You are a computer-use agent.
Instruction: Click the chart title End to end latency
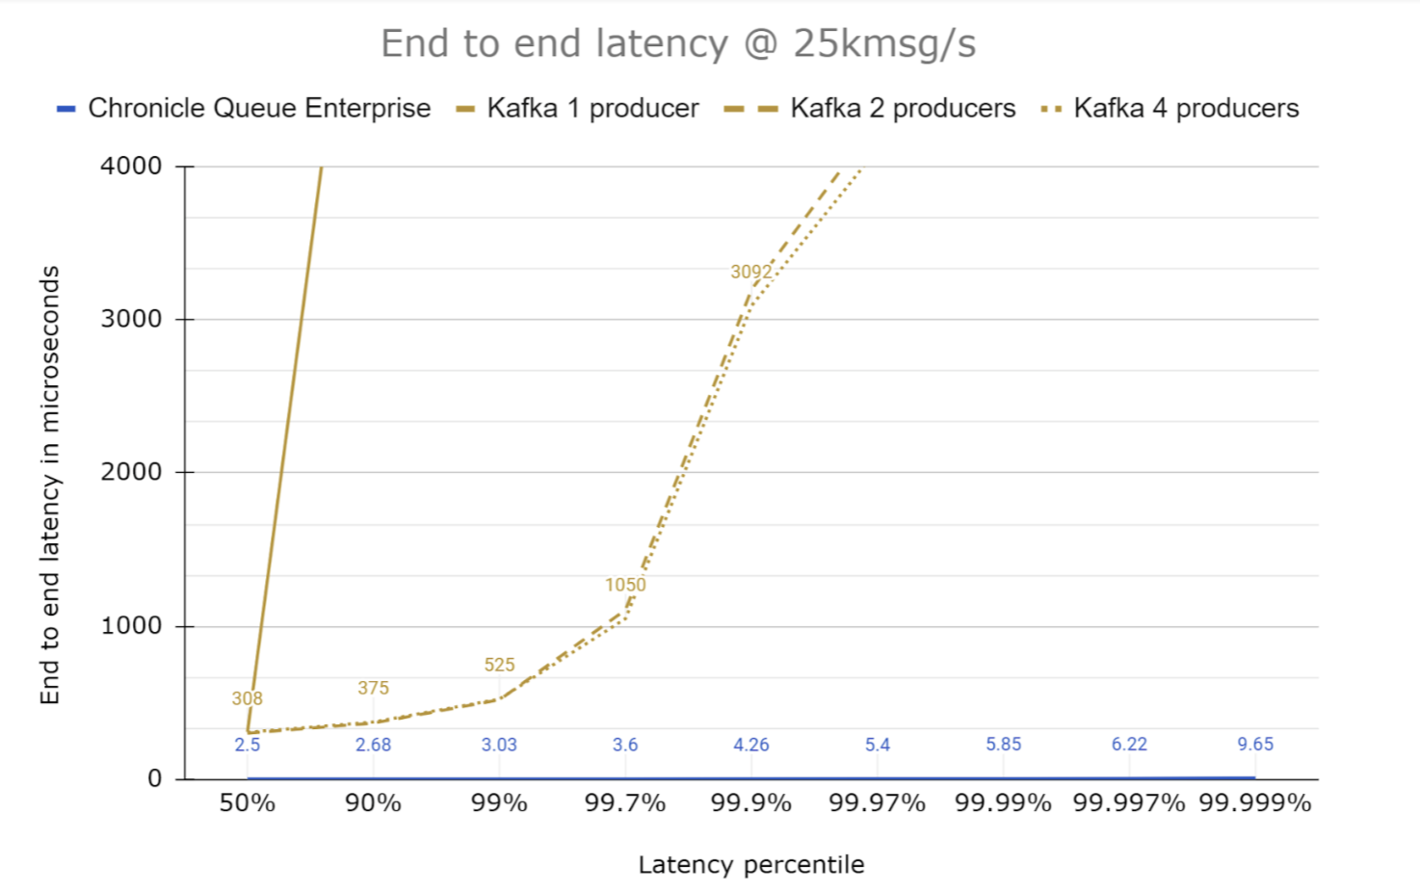(678, 44)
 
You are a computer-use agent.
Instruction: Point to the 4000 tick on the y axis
(131, 166)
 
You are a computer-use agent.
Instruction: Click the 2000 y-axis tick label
(131, 472)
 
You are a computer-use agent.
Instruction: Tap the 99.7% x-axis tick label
(625, 803)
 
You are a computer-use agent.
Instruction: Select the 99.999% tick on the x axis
(1255, 803)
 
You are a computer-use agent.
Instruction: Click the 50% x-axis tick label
(248, 803)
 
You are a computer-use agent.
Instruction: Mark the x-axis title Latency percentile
(751, 865)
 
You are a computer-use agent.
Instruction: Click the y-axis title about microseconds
(50, 485)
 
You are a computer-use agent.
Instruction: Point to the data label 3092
(751, 272)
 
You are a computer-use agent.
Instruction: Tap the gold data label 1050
(625, 585)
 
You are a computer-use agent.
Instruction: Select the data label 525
(499, 665)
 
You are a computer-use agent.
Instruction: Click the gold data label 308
(248, 698)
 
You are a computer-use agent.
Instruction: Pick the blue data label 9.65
(1255, 745)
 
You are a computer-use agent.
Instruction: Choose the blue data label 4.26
(751, 745)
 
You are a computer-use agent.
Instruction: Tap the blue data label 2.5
(248, 745)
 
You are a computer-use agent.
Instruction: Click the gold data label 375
(373, 688)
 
